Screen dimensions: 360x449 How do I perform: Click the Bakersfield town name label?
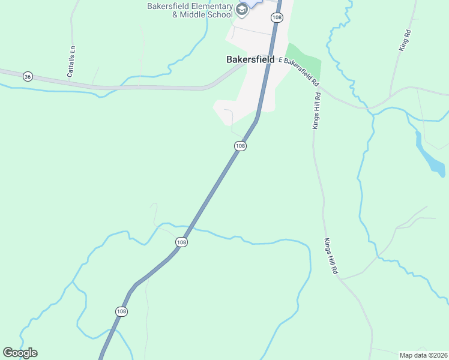click(x=250, y=60)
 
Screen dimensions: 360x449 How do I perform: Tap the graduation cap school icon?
click(x=242, y=9)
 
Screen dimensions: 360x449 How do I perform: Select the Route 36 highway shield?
click(x=27, y=76)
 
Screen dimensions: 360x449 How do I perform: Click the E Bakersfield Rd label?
click(x=298, y=70)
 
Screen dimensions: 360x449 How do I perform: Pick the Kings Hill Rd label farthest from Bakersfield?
click(x=331, y=256)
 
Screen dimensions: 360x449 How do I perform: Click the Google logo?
click(x=20, y=353)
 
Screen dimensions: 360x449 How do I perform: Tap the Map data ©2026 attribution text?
click(x=423, y=355)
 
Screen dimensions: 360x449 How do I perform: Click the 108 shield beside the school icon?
click(x=276, y=17)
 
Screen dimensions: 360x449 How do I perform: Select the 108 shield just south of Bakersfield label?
click(x=240, y=146)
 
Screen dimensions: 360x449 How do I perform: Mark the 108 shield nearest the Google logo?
click(x=121, y=311)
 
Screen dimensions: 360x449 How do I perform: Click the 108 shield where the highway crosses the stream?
click(x=182, y=241)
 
